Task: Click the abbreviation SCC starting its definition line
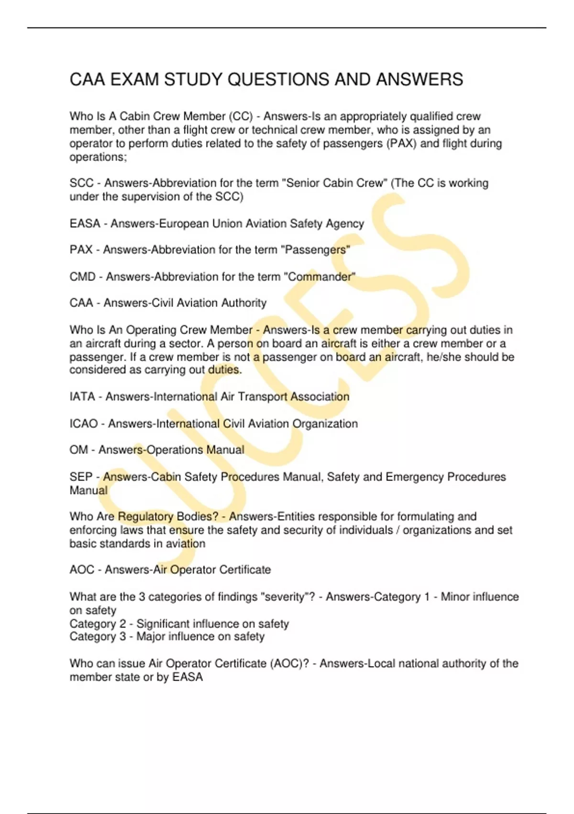pos(81,183)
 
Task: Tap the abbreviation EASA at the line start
pos(85,224)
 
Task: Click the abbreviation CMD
pos(83,277)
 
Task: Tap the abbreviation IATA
pos(82,396)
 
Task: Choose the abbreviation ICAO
pos(84,424)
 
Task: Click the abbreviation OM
pos(79,450)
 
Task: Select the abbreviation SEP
pos(81,477)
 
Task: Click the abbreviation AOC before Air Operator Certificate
pos(82,570)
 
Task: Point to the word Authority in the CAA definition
pos(242,303)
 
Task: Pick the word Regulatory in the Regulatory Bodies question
pos(145,517)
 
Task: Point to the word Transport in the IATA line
pos(263,396)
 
